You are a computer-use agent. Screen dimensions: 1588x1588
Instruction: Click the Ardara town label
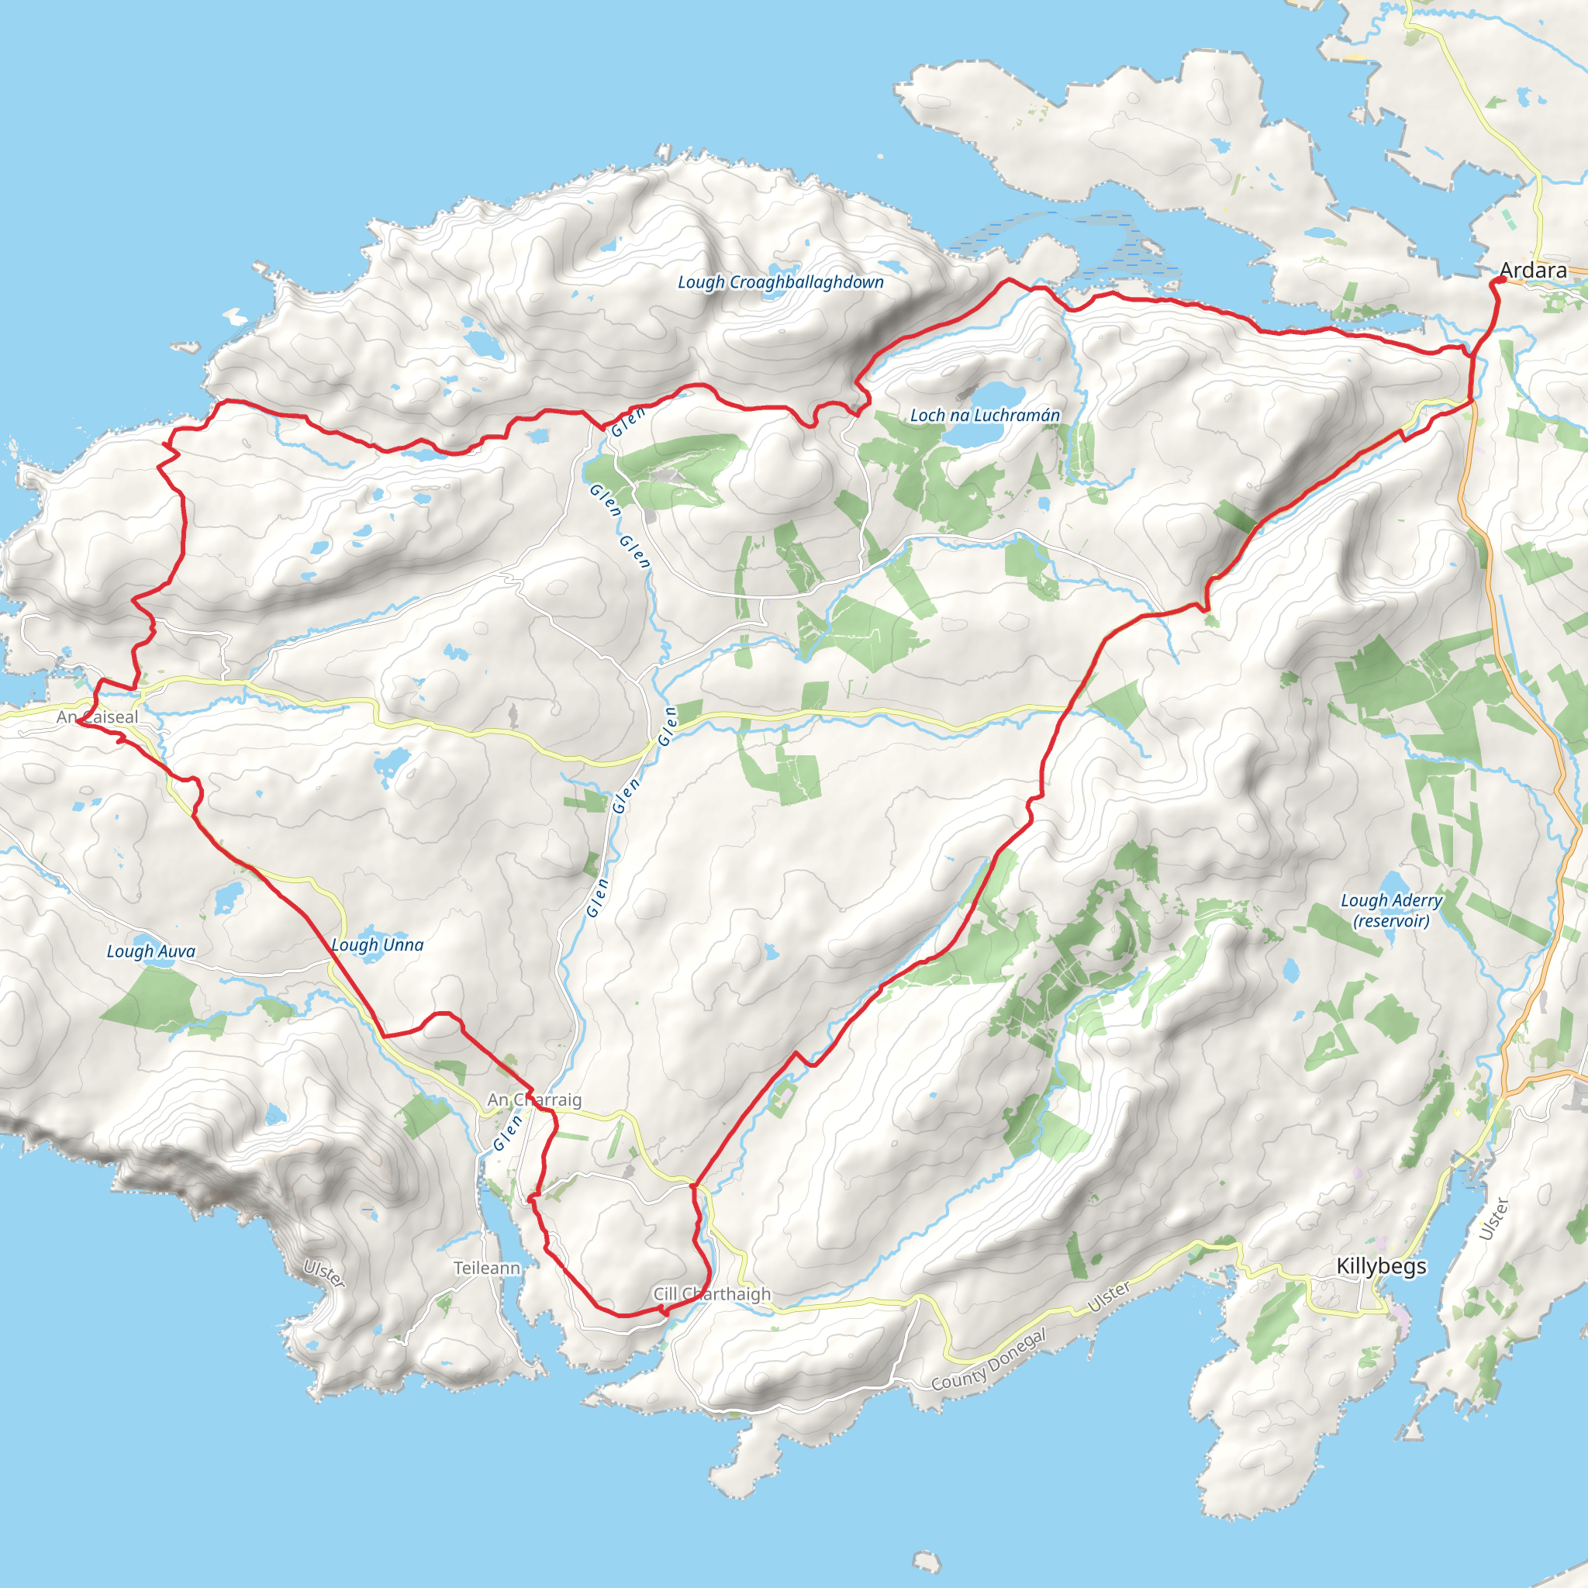tap(1533, 271)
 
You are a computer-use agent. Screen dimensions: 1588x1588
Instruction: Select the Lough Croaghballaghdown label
tap(780, 282)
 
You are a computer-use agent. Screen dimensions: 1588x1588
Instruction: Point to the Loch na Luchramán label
tap(985, 415)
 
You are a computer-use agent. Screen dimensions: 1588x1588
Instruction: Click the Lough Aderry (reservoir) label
tap(1392, 910)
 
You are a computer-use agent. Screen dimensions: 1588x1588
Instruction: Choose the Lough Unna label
tap(378, 945)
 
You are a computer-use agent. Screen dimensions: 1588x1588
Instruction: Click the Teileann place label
tap(488, 1269)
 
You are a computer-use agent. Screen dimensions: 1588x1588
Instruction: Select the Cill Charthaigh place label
tap(712, 1294)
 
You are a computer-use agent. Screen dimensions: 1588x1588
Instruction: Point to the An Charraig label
tap(534, 1100)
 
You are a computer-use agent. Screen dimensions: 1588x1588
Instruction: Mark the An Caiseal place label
tap(97, 716)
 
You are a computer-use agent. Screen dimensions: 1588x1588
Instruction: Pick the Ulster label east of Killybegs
tap(1493, 1219)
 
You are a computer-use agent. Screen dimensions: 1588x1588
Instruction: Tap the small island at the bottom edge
tap(927, 1561)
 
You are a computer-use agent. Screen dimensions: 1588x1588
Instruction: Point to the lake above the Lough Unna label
tap(227, 899)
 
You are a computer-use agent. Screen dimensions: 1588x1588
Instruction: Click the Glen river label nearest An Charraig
tap(508, 1133)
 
